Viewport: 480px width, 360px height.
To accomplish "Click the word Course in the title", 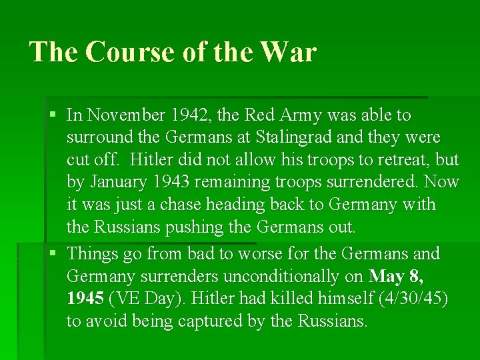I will (126, 52).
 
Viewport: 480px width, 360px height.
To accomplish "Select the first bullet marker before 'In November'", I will (53, 115).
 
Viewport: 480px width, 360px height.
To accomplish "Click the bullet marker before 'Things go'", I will (53, 254).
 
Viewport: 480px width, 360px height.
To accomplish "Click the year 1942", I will (189, 115).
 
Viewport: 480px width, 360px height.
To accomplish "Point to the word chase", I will (191, 205).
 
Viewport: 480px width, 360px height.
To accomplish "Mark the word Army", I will (303, 115).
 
